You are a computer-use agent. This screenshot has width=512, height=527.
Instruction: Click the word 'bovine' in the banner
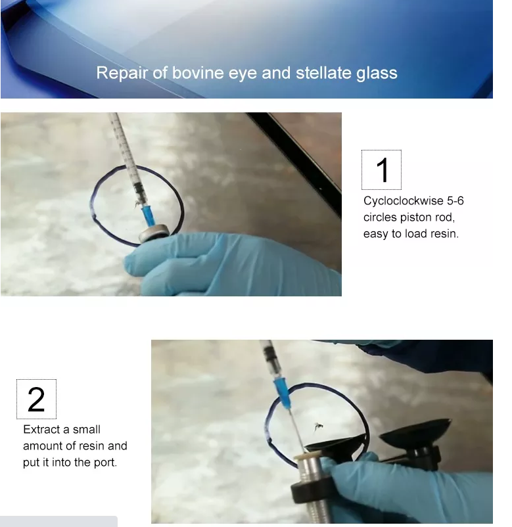pos(198,72)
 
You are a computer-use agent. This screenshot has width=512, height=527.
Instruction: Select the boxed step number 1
pos(381,170)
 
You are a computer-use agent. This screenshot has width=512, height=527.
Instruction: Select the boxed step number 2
pos(36,399)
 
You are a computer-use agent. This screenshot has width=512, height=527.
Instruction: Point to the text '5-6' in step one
pos(455,200)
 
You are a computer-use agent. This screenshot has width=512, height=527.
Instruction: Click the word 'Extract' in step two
pos(41,429)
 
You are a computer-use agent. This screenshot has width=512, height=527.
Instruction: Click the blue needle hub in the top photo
pos(149,216)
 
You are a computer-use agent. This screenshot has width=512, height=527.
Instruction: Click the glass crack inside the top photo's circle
pos(137,204)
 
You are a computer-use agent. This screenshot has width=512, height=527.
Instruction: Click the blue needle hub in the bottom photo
pos(282,393)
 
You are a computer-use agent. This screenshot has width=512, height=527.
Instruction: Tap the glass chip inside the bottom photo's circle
pos(318,426)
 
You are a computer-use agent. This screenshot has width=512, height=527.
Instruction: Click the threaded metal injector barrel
pos(310,488)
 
